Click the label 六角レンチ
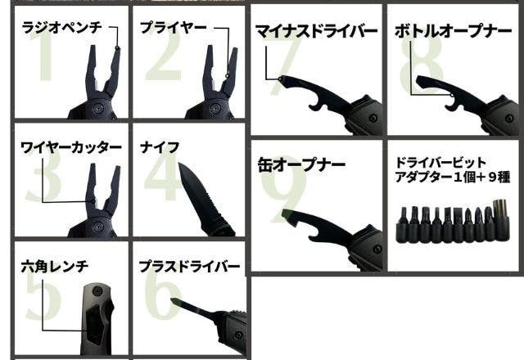click(x=54, y=266)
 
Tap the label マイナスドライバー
click(x=316, y=32)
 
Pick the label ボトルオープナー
click(x=453, y=32)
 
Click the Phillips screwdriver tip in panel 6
click(x=175, y=300)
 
